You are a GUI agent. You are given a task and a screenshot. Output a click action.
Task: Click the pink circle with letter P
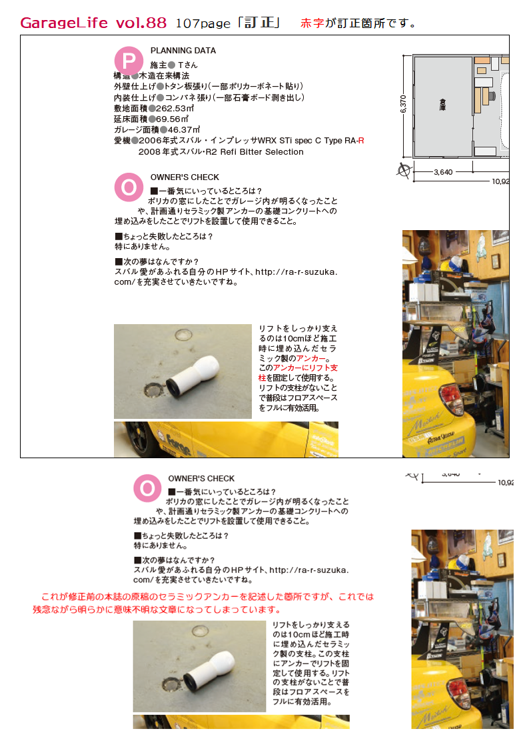(129, 61)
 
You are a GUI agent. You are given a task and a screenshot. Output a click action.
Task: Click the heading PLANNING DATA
(183, 51)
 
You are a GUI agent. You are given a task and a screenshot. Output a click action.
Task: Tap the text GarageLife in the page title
(64, 23)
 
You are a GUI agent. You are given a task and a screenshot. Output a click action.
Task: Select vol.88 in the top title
(141, 23)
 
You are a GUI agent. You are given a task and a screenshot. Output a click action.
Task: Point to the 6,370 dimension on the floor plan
(404, 104)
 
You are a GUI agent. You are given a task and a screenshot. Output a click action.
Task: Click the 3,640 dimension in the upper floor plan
(443, 172)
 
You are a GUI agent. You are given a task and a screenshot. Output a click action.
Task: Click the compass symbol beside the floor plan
(404, 170)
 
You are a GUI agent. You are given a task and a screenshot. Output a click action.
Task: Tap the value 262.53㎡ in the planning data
(175, 109)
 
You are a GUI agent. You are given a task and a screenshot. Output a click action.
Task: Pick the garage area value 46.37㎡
(184, 129)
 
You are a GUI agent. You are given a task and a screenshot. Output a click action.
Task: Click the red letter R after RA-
(361, 141)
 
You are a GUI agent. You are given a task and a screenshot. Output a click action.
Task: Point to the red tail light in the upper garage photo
(451, 398)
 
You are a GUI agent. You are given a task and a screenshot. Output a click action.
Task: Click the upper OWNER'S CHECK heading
(185, 177)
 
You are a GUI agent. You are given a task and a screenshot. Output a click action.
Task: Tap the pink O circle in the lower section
(147, 488)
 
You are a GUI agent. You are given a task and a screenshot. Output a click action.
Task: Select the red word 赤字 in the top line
(312, 23)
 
